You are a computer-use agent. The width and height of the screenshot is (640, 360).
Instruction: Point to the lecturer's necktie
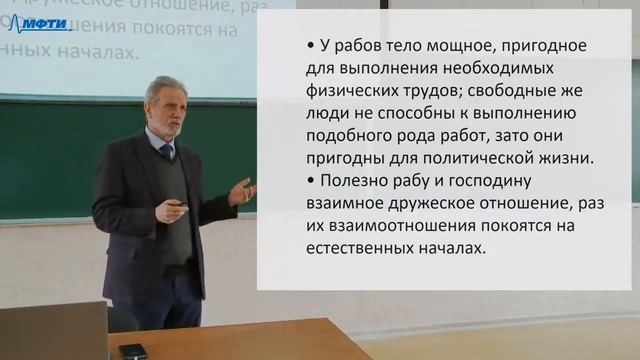tap(167, 152)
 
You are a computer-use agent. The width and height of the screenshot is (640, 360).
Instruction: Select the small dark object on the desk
tap(132, 350)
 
